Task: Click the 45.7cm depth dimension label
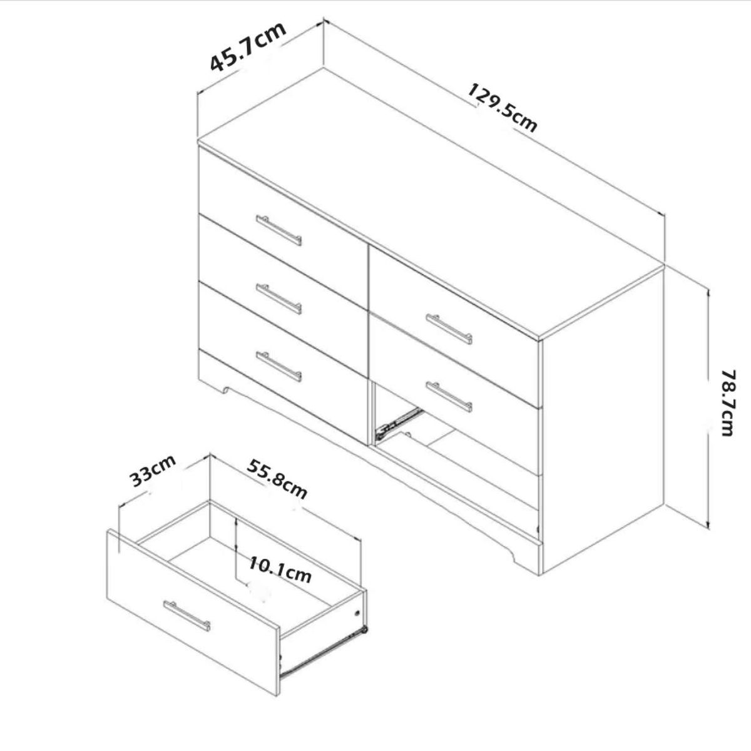[x=248, y=48]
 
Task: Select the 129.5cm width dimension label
[x=503, y=108]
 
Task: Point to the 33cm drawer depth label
[x=153, y=472]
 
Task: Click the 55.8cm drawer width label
[x=277, y=479]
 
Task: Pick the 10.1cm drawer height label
[x=280, y=570]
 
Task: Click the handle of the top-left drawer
[x=278, y=230]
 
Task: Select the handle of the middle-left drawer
[x=278, y=299]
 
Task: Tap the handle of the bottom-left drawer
[x=278, y=367]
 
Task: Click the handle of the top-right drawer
[x=449, y=329]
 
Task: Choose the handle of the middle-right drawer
[x=449, y=397]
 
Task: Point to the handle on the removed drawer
[x=187, y=615]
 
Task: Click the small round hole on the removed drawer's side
[x=358, y=613]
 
